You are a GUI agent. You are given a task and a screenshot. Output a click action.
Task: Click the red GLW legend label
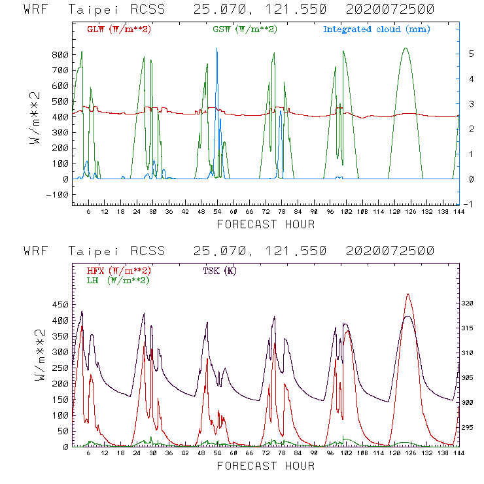click(x=118, y=29)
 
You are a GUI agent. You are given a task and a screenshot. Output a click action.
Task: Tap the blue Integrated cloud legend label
click(x=377, y=29)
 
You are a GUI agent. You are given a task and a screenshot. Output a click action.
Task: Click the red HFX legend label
click(x=118, y=271)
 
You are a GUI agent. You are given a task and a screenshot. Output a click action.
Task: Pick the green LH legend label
click(x=117, y=280)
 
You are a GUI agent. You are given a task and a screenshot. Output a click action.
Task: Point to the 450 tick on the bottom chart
click(x=60, y=305)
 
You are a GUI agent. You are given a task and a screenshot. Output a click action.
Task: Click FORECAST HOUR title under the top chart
click(x=266, y=224)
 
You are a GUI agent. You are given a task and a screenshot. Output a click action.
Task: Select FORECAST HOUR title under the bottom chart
click(x=266, y=466)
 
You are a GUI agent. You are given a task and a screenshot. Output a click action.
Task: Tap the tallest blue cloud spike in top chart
click(x=217, y=49)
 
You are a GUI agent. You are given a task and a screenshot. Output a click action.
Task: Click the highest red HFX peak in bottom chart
click(x=408, y=295)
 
